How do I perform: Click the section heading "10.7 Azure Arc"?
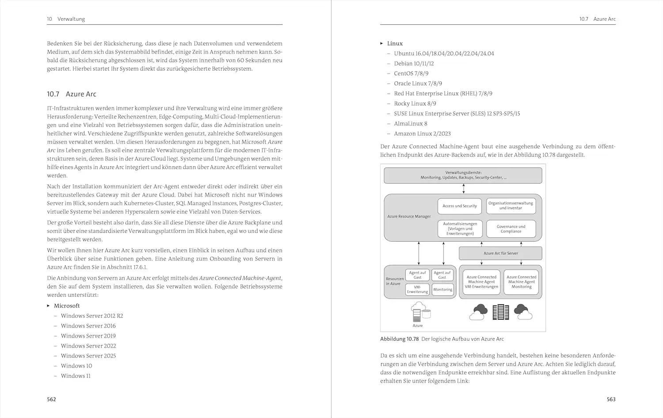point(72,94)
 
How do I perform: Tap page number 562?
point(51,399)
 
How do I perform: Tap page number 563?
point(611,399)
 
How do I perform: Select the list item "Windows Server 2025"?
point(88,356)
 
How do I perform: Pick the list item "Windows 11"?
point(76,376)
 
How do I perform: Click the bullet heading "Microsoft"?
point(67,306)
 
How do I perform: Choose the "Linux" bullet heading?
point(395,43)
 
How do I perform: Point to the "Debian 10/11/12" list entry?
point(414,64)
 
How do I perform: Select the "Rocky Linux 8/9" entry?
point(415,103)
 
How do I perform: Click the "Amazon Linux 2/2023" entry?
point(422,133)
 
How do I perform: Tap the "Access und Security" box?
point(460,206)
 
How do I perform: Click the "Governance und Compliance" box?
point(511,229)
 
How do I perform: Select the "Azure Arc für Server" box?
point(500,253)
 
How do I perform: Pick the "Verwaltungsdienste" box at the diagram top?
point(463,175)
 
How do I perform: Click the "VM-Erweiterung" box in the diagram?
point(417,289)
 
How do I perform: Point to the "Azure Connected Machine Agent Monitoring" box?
point(522,282)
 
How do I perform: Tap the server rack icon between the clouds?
point(501,312)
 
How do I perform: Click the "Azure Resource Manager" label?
point(409,217)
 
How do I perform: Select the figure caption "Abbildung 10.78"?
point(399,339)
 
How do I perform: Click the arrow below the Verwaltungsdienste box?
point(463,189)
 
